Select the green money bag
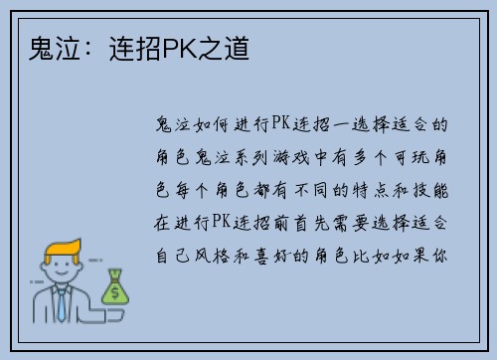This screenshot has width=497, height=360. tap(114, 288)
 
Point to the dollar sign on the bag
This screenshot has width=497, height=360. tap(114, 291)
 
